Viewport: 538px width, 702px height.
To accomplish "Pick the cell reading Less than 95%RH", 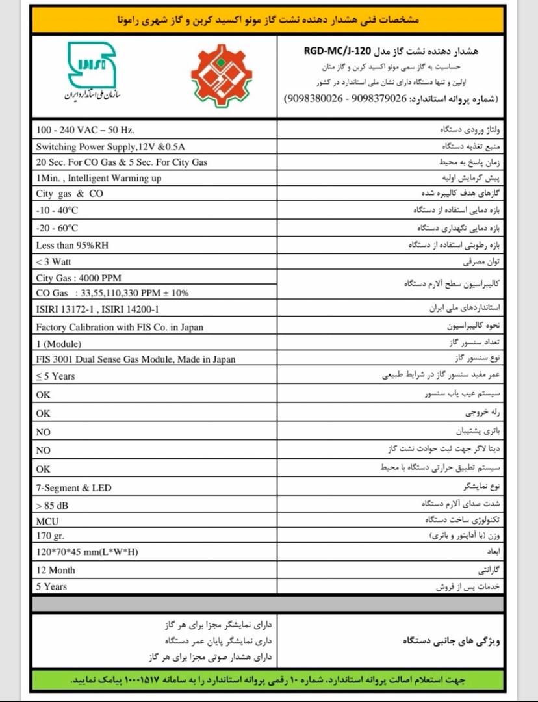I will coord(73,246).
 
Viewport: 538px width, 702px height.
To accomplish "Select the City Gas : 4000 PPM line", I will coord(79,278).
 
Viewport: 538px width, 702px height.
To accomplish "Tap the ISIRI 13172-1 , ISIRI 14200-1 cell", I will coord(98,310).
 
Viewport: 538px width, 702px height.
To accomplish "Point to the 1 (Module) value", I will coord(59,344).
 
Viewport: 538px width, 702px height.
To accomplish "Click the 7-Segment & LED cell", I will coord(74,488).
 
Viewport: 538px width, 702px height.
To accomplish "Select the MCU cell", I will coord(47,520).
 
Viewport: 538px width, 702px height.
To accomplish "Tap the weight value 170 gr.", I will coord(53,536).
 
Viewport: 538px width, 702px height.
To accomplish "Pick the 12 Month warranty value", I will coord(56,570).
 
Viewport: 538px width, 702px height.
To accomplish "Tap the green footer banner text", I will coord(268,680).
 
